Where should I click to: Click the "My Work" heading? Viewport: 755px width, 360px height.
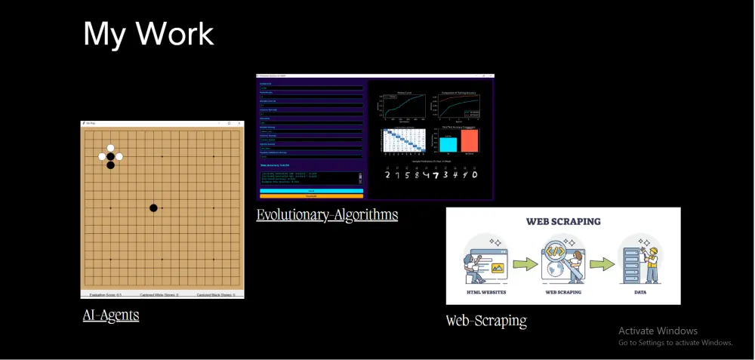pos(148,34)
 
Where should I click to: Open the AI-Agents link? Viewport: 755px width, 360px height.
pos(111,315)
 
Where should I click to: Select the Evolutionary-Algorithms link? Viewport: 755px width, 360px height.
pos(327,215)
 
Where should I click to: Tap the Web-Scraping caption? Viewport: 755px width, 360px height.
pos(486,321)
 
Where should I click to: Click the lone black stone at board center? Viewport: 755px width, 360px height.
pos(153,208)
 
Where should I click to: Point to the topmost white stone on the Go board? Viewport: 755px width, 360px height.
pos(111,149)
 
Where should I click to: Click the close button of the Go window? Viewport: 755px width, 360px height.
pos(239,123)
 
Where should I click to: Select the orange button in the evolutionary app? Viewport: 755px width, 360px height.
pos(311,196)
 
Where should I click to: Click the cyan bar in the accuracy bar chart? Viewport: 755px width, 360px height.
pos(448,143)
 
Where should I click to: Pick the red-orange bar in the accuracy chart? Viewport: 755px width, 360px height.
pos(470,140)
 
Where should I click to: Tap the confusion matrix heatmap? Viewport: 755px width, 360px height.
pos(399,141)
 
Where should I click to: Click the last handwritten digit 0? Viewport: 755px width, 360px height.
pos(475,175)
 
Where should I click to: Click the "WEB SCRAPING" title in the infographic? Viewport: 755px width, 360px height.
pos(563,222)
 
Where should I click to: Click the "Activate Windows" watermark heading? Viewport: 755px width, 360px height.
pos(658,331)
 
